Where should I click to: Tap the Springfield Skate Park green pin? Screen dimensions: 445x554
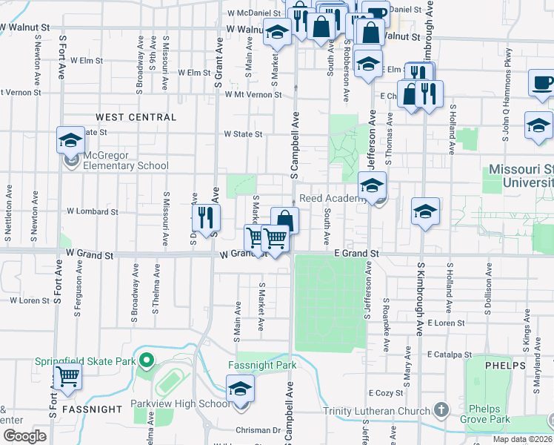147,362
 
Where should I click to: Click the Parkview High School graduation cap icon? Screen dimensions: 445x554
240,389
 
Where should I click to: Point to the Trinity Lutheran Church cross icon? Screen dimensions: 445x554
441,409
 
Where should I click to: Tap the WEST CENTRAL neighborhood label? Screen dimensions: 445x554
136,117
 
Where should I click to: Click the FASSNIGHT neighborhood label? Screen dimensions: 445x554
92,409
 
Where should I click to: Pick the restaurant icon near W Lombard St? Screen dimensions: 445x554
206,217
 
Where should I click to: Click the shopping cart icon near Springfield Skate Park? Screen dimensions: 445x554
67,378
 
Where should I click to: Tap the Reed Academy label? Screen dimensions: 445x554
330,199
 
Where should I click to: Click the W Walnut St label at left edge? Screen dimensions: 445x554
24,27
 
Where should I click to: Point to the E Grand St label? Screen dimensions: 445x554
356,254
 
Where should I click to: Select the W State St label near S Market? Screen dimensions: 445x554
244,134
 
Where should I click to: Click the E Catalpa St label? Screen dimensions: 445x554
449,355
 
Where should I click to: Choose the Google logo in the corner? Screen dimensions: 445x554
24,436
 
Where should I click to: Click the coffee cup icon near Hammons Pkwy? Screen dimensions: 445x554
541,82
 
